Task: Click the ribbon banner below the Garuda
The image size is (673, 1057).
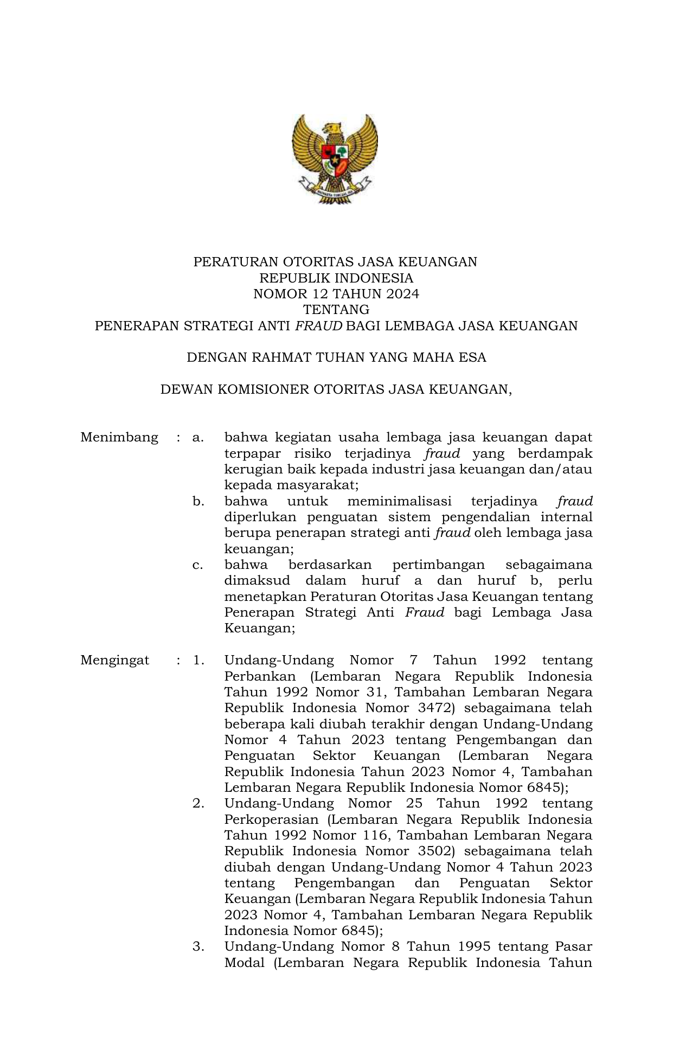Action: click(335, 190)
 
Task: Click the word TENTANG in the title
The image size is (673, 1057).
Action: click(336, 310)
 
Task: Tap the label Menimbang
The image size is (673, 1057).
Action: click(119, 437)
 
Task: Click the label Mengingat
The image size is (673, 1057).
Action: click(114, 660)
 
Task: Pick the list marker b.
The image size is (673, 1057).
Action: click(198, 501)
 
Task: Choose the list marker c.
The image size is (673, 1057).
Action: click(198, 565)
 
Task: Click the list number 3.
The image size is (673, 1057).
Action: click(198, 946)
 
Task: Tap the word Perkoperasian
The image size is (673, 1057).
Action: click(271, 819)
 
